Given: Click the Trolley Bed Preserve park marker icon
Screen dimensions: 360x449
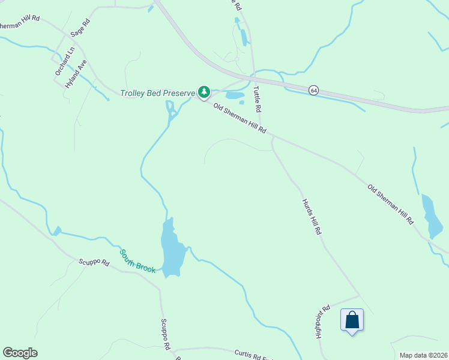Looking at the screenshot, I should (x=204, y=92).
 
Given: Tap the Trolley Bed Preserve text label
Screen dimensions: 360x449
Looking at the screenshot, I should (x=158, y=93).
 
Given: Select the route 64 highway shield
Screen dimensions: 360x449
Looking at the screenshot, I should (x=313, y=90).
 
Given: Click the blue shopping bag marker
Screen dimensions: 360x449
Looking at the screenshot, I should (x=352, y=320).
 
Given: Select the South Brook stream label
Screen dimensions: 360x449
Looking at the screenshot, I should (x=137, y=261).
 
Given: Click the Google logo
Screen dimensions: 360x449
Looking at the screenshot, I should (x=20, y=353).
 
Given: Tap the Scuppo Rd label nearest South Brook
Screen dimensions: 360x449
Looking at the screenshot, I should (x=94, y=263).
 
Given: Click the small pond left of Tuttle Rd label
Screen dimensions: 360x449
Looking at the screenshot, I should (x=235, y=95).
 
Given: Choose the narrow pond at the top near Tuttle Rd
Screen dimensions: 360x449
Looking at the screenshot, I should (x=243, y=37).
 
